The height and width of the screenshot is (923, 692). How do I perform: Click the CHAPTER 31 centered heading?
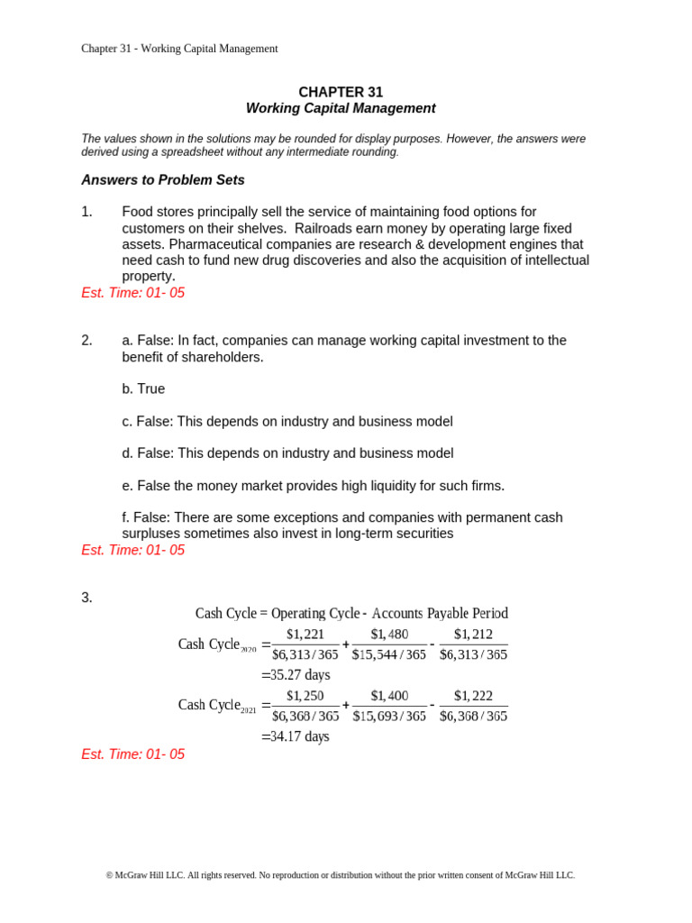tap(341, 92)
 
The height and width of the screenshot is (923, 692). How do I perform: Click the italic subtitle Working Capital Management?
tap(341, 108)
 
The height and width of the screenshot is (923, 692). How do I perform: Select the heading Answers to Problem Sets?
tap(163, 180)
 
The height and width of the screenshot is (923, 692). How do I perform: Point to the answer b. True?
tap(143, 388)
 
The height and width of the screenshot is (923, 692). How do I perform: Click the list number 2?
tap(86, 341)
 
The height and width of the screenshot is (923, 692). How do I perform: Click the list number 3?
tap(86, 598)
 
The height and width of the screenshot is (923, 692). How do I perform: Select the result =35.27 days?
tap(296, 675)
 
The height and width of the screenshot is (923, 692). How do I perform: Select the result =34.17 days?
tap(296, 736)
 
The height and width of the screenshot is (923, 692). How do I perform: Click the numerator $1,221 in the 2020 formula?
tap(305, 635)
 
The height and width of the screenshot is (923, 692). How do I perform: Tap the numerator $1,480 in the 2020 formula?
tap(389, 635)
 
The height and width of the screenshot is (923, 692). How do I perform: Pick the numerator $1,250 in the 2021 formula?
tap(305, 696)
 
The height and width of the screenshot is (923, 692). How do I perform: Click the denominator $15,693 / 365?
tap(389, 716)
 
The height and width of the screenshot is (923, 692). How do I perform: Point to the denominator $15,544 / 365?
tap(389, 654)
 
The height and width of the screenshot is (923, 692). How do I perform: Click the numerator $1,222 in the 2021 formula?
tap(473, 696)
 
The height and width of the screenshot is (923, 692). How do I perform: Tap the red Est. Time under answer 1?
tap(132, 293)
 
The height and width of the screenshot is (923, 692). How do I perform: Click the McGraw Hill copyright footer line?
tap(341, 875)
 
